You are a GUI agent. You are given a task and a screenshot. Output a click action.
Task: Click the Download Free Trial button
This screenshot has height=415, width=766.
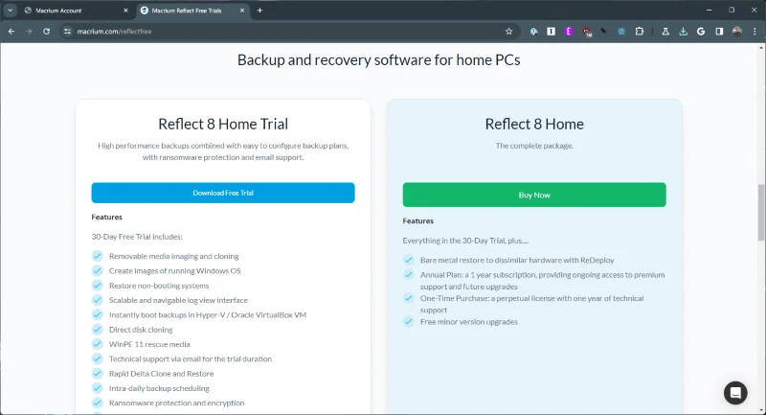point(223,193)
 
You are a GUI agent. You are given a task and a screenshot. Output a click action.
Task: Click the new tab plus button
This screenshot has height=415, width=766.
point(259,10)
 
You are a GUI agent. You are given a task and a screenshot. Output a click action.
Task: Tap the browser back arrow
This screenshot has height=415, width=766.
point(11,31)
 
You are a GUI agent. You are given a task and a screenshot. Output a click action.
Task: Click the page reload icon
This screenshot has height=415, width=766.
point(48,31)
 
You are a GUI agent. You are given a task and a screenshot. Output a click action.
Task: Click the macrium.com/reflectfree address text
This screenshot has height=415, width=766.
point(115,31)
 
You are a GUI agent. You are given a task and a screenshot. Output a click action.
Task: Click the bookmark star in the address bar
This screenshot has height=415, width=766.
point(509,31)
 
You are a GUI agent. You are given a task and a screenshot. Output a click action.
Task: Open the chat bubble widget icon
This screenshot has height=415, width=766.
point(735,392)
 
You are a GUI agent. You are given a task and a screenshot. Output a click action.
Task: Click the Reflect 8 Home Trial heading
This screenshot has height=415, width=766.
point(223,124)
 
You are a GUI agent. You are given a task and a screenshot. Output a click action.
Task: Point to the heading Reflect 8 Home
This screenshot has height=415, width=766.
point(534,124)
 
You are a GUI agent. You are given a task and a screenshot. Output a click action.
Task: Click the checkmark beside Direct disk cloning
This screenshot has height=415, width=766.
point(97,329)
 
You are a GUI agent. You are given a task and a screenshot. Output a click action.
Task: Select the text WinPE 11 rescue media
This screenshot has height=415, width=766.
point(149,344)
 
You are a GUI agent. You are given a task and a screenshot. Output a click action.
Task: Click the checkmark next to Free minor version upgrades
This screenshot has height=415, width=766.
point(409,322)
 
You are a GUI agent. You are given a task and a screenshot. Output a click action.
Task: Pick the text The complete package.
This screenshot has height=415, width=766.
point(534,146)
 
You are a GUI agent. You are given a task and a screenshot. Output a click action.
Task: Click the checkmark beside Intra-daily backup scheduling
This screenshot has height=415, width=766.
point(97,388)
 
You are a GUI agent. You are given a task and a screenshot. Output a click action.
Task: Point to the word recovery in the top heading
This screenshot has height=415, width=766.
point(338,59)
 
